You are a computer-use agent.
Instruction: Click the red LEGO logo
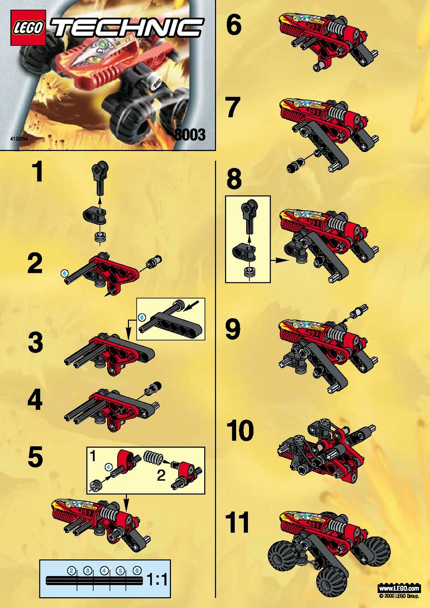coord(28,28)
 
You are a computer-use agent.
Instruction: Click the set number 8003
coord(190,135)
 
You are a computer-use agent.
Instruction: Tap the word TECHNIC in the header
coord(127,28)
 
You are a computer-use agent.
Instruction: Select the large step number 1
coord(37,172)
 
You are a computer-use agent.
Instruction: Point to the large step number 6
coord(234,25)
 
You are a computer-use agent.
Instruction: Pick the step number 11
coord(237,523)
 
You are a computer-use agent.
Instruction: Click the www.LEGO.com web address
coord(399,588)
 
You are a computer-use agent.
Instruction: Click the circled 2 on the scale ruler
coord(71,571)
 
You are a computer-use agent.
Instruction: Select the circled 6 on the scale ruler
coord(137,571)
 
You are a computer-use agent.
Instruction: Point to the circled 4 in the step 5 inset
coord(109,467)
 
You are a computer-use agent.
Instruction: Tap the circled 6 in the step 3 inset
coord(142,317)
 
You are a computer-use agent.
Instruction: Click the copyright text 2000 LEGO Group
coord(399,596)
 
